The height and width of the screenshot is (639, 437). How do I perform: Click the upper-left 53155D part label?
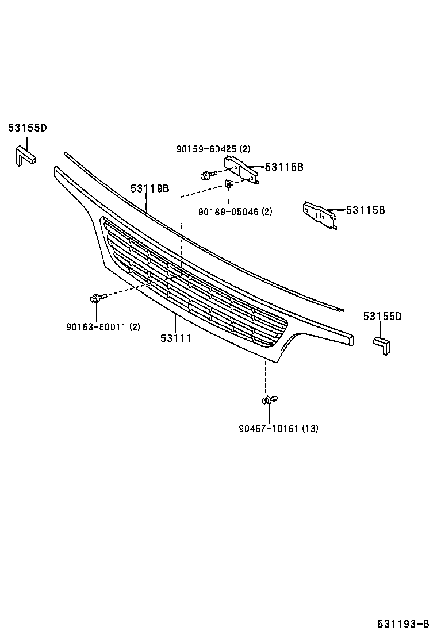coord(27,128)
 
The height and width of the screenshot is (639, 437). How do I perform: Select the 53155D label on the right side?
coord(382,316)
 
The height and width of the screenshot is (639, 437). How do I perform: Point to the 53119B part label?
coord(149,188)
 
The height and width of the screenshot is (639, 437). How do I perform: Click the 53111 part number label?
coord(176,338)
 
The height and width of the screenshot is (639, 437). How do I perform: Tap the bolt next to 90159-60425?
coord(207,174)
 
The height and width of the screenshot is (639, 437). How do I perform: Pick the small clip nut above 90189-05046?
coord(228,184)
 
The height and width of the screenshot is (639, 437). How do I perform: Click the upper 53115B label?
coord(284,167)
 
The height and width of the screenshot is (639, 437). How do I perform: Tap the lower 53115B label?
coord(365,210)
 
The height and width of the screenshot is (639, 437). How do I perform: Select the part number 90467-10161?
coord(268,428)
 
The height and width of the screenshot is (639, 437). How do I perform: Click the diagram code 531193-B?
coord(403,624)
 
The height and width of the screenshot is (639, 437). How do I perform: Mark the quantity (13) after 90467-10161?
coord(310,428)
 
